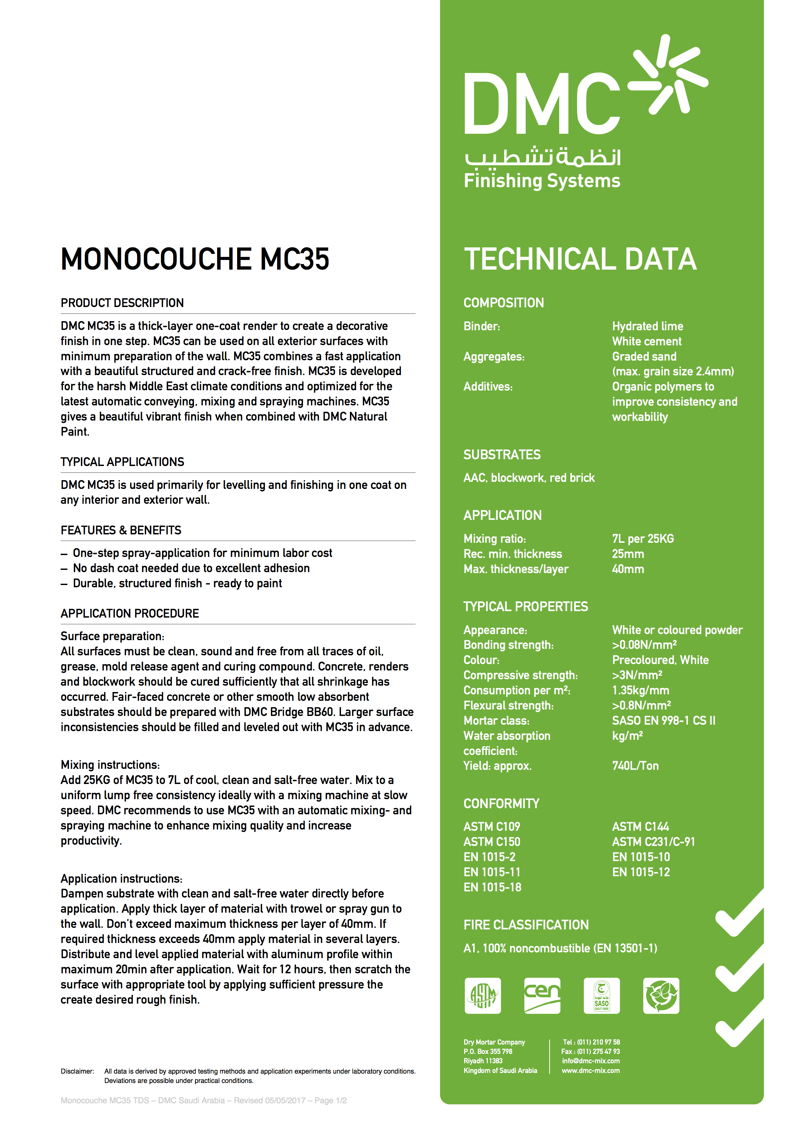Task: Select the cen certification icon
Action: click(x=542, y=996)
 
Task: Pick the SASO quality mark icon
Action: click(x=602, y=996)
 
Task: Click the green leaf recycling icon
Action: click(x=661, y=996)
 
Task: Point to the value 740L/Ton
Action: click(x=635, y=766)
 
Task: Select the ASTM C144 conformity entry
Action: click(x=640, y=826)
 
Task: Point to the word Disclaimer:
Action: click(x=77, y=1071)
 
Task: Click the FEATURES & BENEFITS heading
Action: click(x=121, y=530)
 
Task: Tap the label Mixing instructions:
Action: click(x=110, y=765)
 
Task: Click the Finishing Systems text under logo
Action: click(x=542, y=181)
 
